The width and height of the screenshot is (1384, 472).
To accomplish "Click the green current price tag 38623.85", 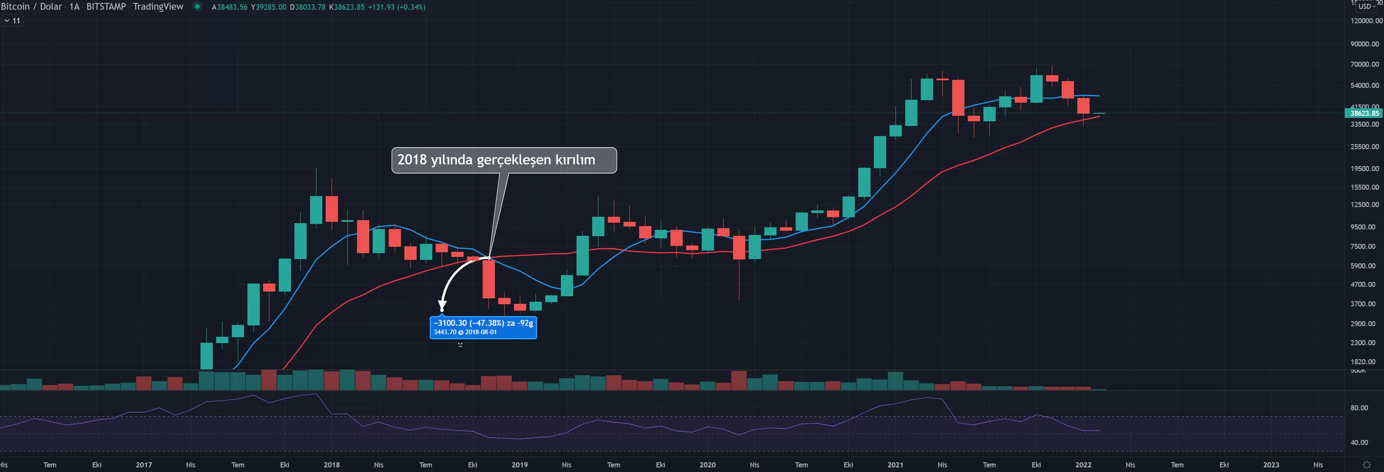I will [1364, 113].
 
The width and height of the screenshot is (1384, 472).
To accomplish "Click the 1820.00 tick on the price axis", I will [1364, 362].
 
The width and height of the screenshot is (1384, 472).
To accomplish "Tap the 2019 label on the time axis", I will [519, 465].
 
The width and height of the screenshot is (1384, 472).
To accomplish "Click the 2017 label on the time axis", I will [143, 465].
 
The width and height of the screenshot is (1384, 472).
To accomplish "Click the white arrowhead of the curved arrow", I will [442, 308].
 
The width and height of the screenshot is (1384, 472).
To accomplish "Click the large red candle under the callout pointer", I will [489, 279].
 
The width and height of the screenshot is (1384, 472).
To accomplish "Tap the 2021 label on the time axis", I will [895, 465].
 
